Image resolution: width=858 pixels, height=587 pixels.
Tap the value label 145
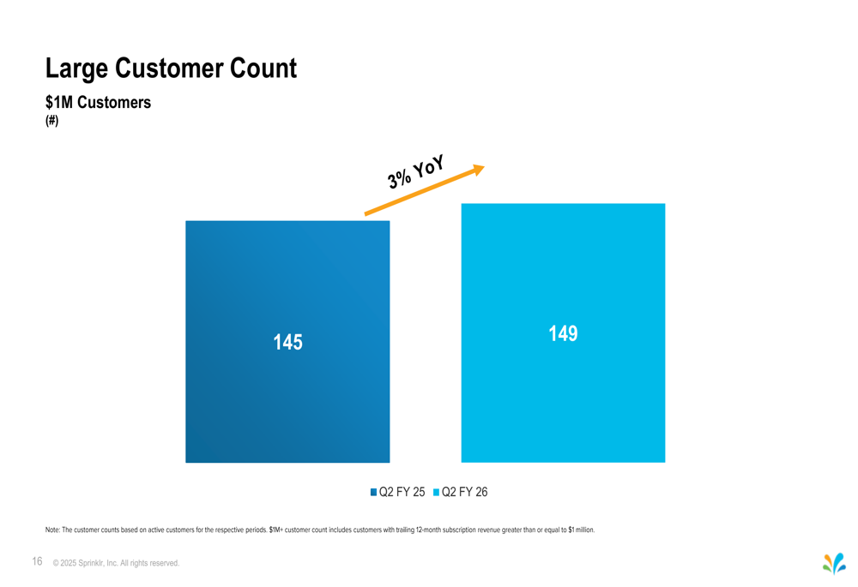(287, 343)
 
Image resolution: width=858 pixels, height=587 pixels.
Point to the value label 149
(563, 333)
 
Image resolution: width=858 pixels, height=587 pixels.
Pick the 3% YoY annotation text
(415, 171)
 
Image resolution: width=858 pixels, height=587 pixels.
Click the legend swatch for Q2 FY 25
(374, 492)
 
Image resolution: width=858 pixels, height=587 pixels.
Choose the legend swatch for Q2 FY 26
(436, 492)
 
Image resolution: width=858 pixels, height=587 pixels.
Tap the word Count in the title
(265, 68)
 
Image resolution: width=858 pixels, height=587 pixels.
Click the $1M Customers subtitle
(98, 102)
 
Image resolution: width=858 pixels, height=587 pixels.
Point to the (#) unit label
(51, 121)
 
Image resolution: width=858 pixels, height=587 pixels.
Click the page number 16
(37, 561)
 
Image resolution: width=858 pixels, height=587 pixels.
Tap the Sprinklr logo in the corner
(833, 563)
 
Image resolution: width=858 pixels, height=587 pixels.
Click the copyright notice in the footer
(116, 563)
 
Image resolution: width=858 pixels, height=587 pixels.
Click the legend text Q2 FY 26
(464, 492)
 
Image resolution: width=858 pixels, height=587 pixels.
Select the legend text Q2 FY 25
(402, 492)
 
